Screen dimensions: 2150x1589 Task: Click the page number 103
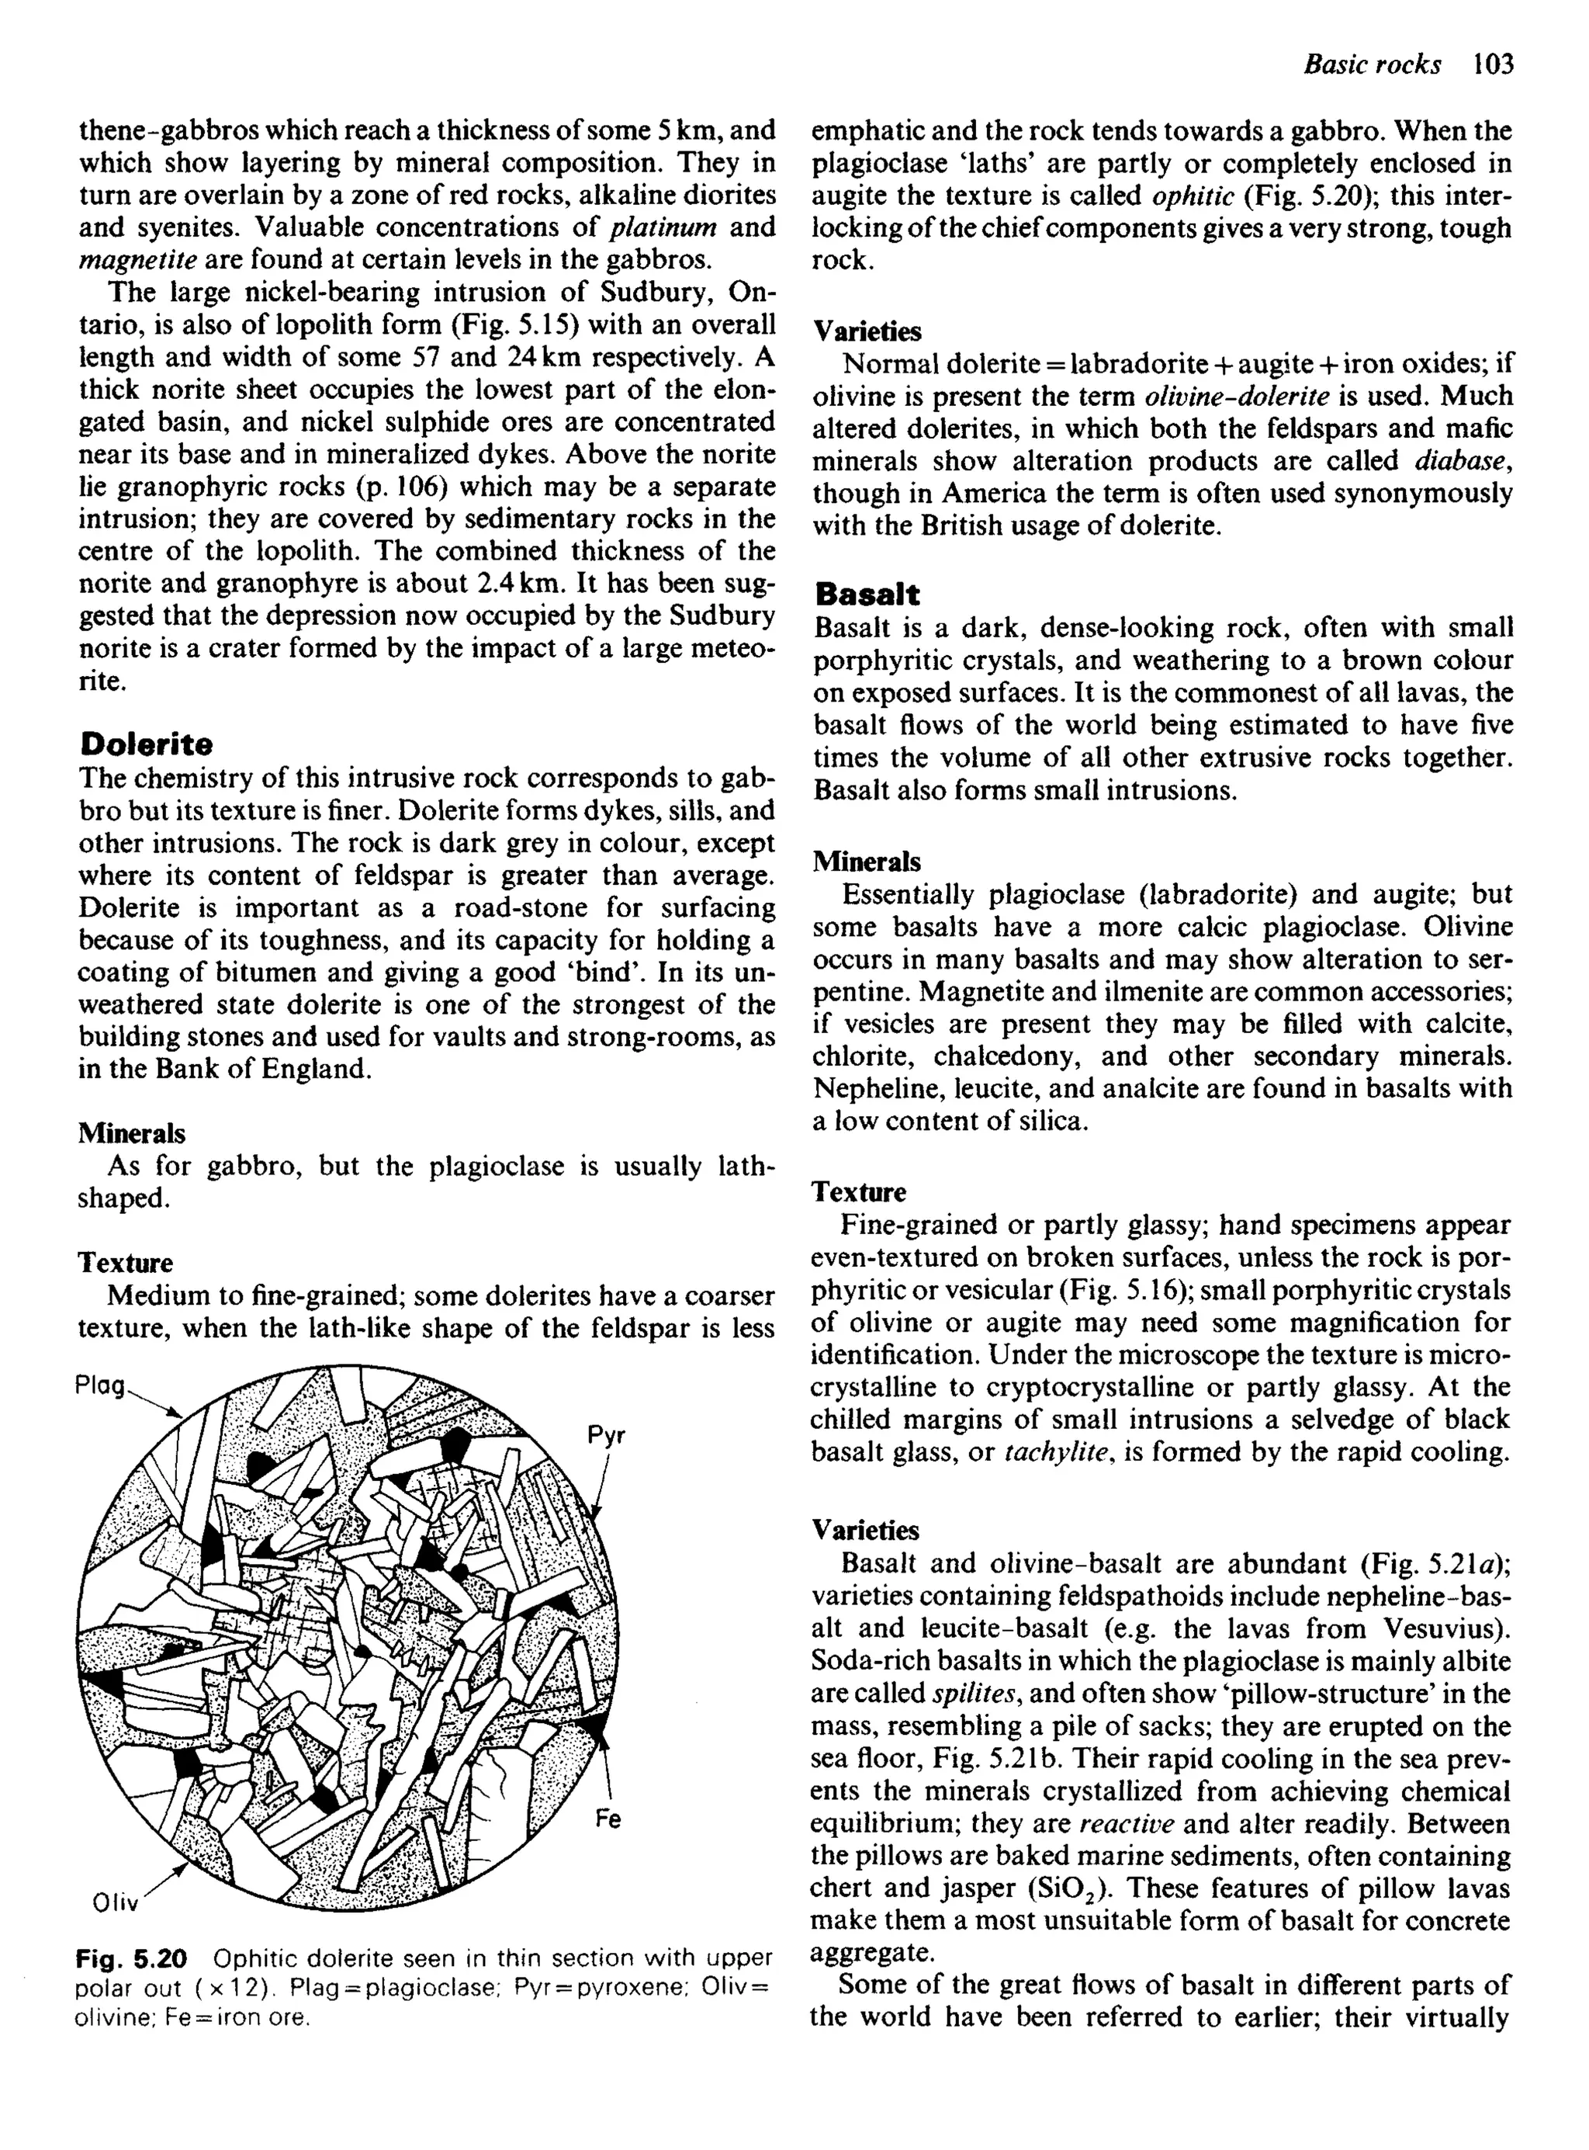click(1492, 64)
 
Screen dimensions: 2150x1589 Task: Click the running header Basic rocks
click(1371, 64)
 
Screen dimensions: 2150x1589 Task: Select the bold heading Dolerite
click(145, 744)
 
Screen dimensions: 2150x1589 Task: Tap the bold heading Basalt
click(866, 594)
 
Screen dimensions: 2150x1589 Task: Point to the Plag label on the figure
click(100, 1386)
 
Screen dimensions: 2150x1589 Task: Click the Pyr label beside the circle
click(606, 1436)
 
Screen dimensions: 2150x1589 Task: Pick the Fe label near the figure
click(607, 1819)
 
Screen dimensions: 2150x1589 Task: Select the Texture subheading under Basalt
click(858, 1193)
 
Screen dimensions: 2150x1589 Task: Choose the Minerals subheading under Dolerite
click(131, 1133)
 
